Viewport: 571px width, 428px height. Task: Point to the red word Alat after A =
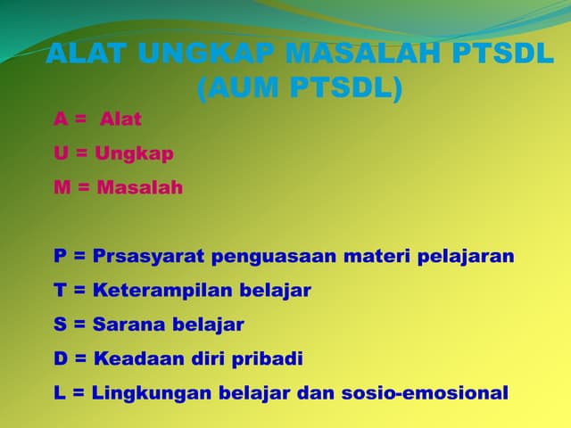pos(120,119)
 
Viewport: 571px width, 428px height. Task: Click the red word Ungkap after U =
pos(134,152)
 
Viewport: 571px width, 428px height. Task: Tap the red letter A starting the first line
pos(61,119)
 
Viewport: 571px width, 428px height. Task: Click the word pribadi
pos(268,358)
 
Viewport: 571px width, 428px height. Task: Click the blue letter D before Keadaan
pos(61,358)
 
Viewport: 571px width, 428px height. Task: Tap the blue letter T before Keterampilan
pos(60,290)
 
